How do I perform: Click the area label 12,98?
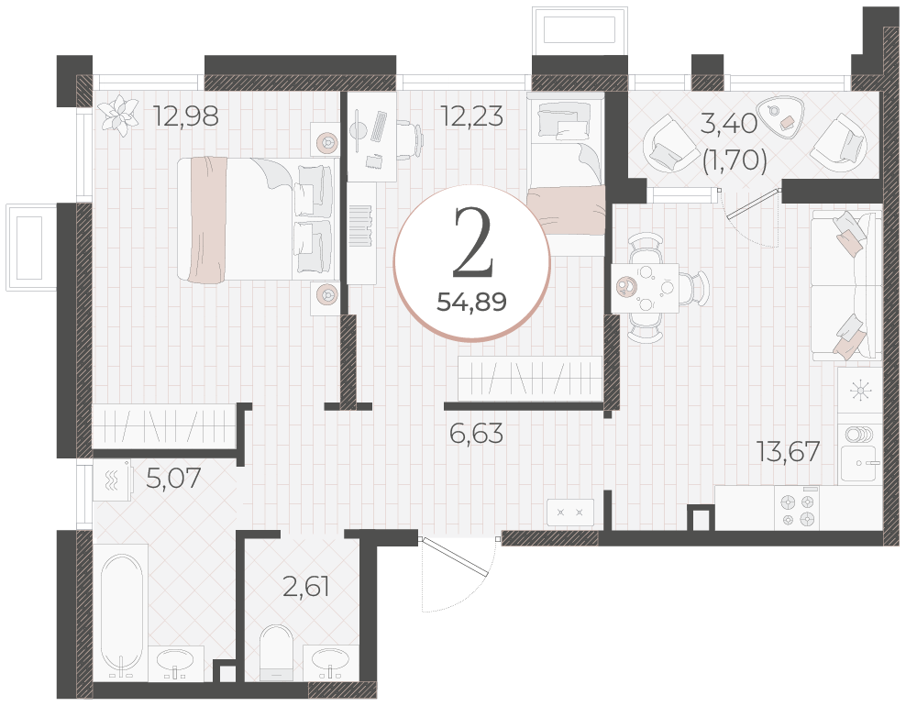point(185,116)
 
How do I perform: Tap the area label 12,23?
point(471,116)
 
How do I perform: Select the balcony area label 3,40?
point(729,124)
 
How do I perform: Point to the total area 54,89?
point(471,302)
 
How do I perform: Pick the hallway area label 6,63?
point(476,434)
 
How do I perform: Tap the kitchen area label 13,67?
point(788,451)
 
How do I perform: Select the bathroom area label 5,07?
point(173,479)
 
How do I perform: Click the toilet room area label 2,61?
point(305,586)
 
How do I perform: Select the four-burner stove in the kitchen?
point(797,509)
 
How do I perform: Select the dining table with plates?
point(645,287)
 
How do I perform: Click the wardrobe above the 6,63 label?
point(530,378)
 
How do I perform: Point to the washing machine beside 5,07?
point(113,480)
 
